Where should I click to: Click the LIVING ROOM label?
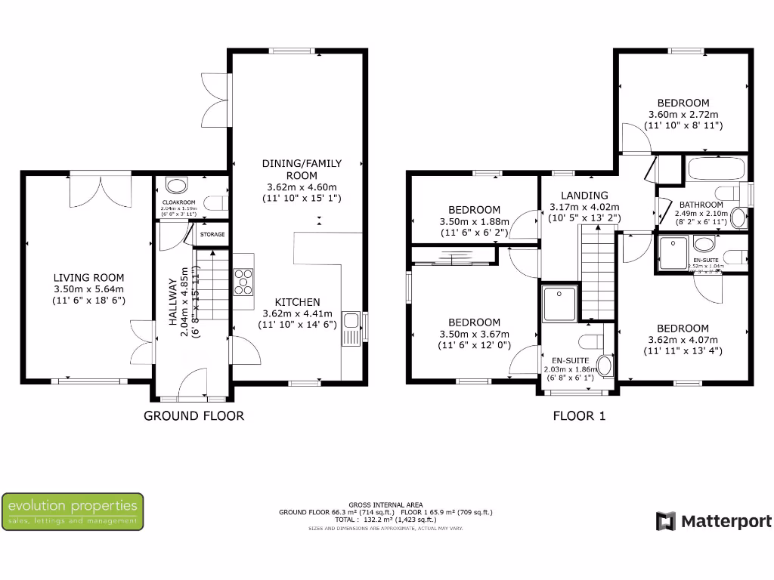(89, 278)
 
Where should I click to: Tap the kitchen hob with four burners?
(244, 281)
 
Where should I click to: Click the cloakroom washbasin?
(177, 185)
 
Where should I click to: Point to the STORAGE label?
(212, 235)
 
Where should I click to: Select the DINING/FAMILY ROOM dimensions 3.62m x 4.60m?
(302, 187)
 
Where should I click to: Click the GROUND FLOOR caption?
(193, 415)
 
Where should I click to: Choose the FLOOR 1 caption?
(579, 415)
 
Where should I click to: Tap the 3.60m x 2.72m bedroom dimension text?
(683, 114)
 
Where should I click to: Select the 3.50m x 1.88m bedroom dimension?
(474, 222)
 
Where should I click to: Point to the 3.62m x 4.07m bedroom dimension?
(683, 340)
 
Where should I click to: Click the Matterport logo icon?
(665, 521)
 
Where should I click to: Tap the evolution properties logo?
(73, 511)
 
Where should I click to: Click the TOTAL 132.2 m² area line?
(386, 520)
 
